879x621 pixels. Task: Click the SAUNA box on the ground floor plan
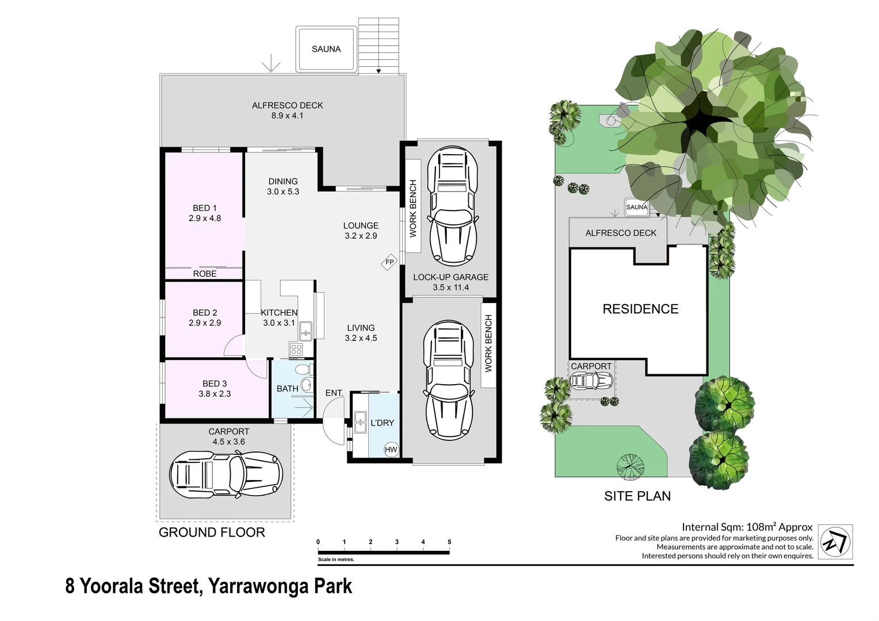tap(326, 49)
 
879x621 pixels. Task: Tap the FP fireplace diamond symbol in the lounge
tap(389, 262)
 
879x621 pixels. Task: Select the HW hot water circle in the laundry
tap(391, 450)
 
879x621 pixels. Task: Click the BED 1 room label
tap(205, 208)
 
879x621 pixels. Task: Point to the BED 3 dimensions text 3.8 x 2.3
tap(215, 394)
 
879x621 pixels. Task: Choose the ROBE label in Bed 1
tap(205, 274)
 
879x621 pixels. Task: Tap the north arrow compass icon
tap(835, 542)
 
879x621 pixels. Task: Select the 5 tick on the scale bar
tap(449, 542)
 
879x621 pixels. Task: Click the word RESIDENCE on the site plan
tap(640, 309)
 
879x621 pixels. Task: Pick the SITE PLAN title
tap(637, 496)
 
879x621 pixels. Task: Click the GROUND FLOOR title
tap(212, 532)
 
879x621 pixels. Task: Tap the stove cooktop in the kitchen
tap(296, 349)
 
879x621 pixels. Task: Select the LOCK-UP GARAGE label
tap(450, 277)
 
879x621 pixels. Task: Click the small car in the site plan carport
tap(591, 381)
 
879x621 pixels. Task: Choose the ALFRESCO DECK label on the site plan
tap(621, 233)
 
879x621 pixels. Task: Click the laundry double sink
tap(360, 422)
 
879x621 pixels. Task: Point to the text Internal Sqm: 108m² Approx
tap(747, 527)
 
